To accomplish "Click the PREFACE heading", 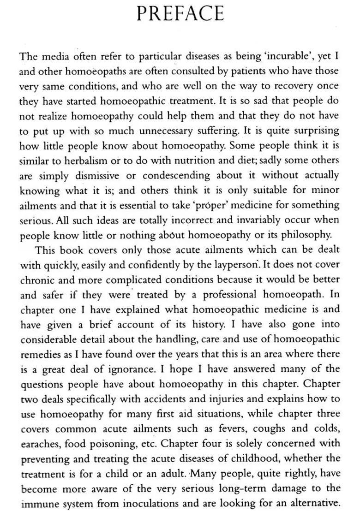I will (180, 14).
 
